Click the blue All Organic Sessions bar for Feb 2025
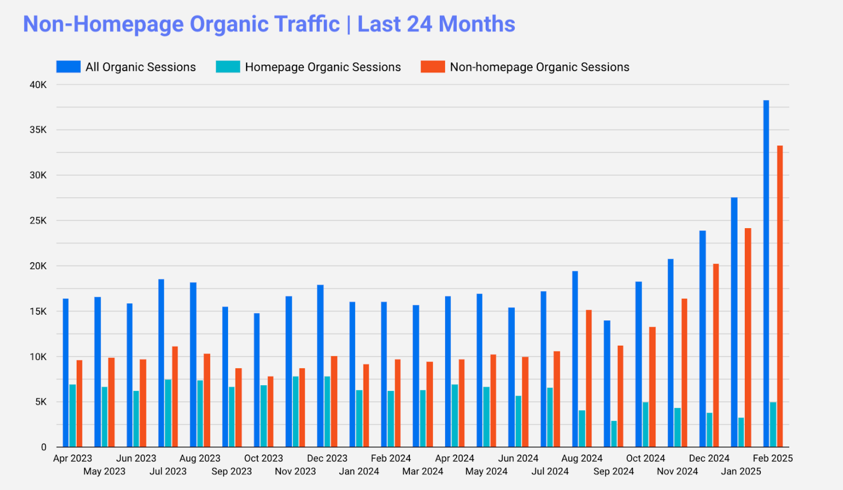point(766,274)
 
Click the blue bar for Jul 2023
point(161,363)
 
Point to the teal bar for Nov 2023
point(296,411)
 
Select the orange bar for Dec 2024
point(716,355)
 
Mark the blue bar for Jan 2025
point(734,322)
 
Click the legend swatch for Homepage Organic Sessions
point(228,67)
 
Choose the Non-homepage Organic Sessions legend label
point(540,67)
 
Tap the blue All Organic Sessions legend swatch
point(68,67)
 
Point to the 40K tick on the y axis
point(38,85)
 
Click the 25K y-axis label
point(38,221)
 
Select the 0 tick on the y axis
point(44,447)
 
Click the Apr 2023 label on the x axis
point(73,458)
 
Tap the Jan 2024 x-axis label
point(359,472)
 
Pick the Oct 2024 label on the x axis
point(645,458)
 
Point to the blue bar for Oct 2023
point(257,380)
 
